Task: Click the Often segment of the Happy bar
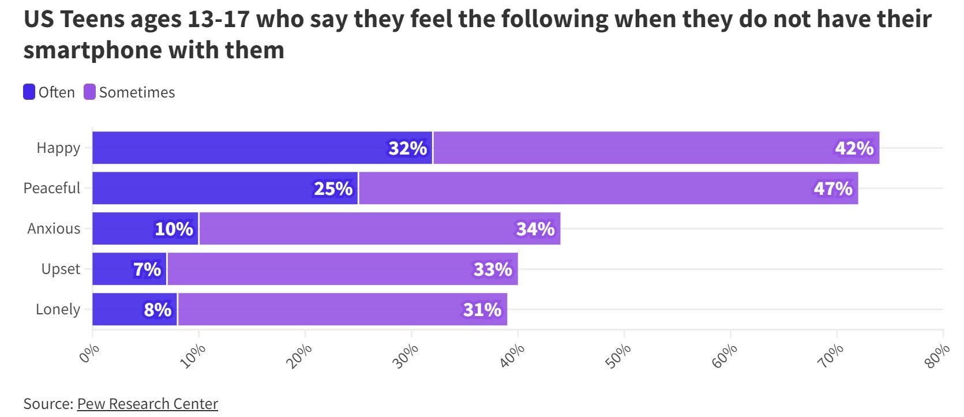[262, 148]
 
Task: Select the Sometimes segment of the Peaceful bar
[608, 188]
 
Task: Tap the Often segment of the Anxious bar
[145, 228]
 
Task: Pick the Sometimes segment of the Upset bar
[342, 269]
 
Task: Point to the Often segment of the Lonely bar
[134, 309]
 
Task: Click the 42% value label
[854, 148]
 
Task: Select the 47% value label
[832, 189]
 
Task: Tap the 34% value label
[535, 229]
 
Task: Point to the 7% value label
[147, 269]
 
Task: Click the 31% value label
[482, 310]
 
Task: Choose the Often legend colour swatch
[29, 92]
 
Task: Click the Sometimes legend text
[137, 92]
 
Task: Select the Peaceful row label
[52, 188]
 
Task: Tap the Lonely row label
[58, 309]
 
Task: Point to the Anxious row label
[54, 228]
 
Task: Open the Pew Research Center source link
[148, 404]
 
